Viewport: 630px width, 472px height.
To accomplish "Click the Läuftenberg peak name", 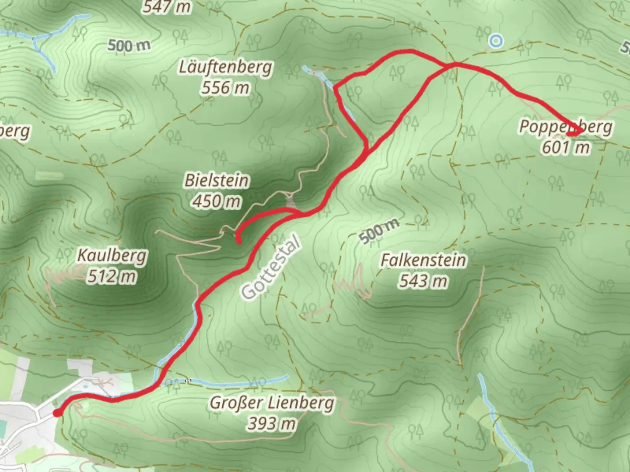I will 225,68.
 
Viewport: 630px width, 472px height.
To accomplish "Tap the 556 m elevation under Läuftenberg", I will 225,88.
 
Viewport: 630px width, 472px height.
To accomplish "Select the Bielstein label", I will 217,180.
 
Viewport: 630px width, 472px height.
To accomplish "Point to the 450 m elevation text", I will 217,201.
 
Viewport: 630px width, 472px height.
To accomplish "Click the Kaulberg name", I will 112,256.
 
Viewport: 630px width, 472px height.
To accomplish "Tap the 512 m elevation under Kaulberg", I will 112,276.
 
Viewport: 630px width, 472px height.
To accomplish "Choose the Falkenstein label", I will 423,260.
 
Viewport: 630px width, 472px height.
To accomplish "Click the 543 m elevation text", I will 423,281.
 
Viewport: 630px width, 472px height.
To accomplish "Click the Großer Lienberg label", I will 272,403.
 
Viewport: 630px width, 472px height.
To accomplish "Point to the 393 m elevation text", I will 272,423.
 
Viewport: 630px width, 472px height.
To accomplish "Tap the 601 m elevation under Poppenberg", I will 566,148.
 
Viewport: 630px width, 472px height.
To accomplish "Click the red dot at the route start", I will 57,413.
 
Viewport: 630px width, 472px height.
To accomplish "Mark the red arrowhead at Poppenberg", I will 577,131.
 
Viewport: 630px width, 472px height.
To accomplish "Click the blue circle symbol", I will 496,42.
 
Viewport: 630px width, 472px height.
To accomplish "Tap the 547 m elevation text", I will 167,7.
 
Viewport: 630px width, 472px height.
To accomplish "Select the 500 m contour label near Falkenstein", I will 379,231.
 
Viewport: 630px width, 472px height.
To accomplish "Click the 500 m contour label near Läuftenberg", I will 129,45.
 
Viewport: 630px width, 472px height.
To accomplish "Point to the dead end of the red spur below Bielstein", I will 239,241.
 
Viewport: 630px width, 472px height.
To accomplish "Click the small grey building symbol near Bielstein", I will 290,202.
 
